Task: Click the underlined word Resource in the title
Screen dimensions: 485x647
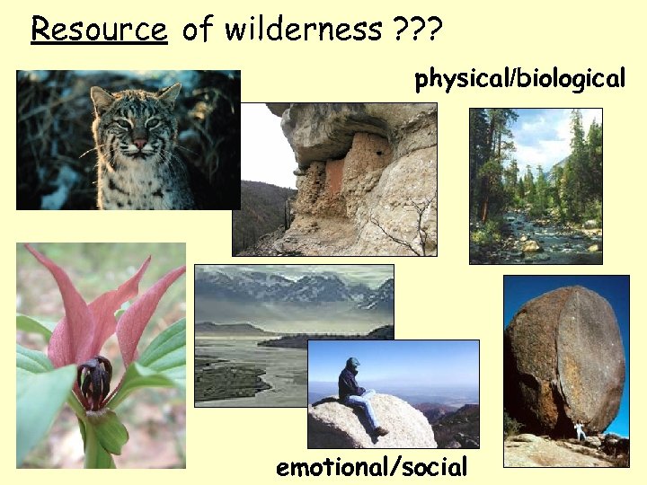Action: pos(99,29)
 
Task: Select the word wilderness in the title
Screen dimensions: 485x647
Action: pos(303,29)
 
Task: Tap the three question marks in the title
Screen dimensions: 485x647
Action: pos(419,29)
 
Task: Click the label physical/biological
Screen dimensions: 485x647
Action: pos(519,79)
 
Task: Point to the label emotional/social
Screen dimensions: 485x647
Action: pos(372,467)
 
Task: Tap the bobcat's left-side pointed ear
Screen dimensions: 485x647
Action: pos(101,99)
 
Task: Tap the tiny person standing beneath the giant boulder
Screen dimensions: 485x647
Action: pos(580,431)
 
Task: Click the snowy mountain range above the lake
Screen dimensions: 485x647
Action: pos(297,289)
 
